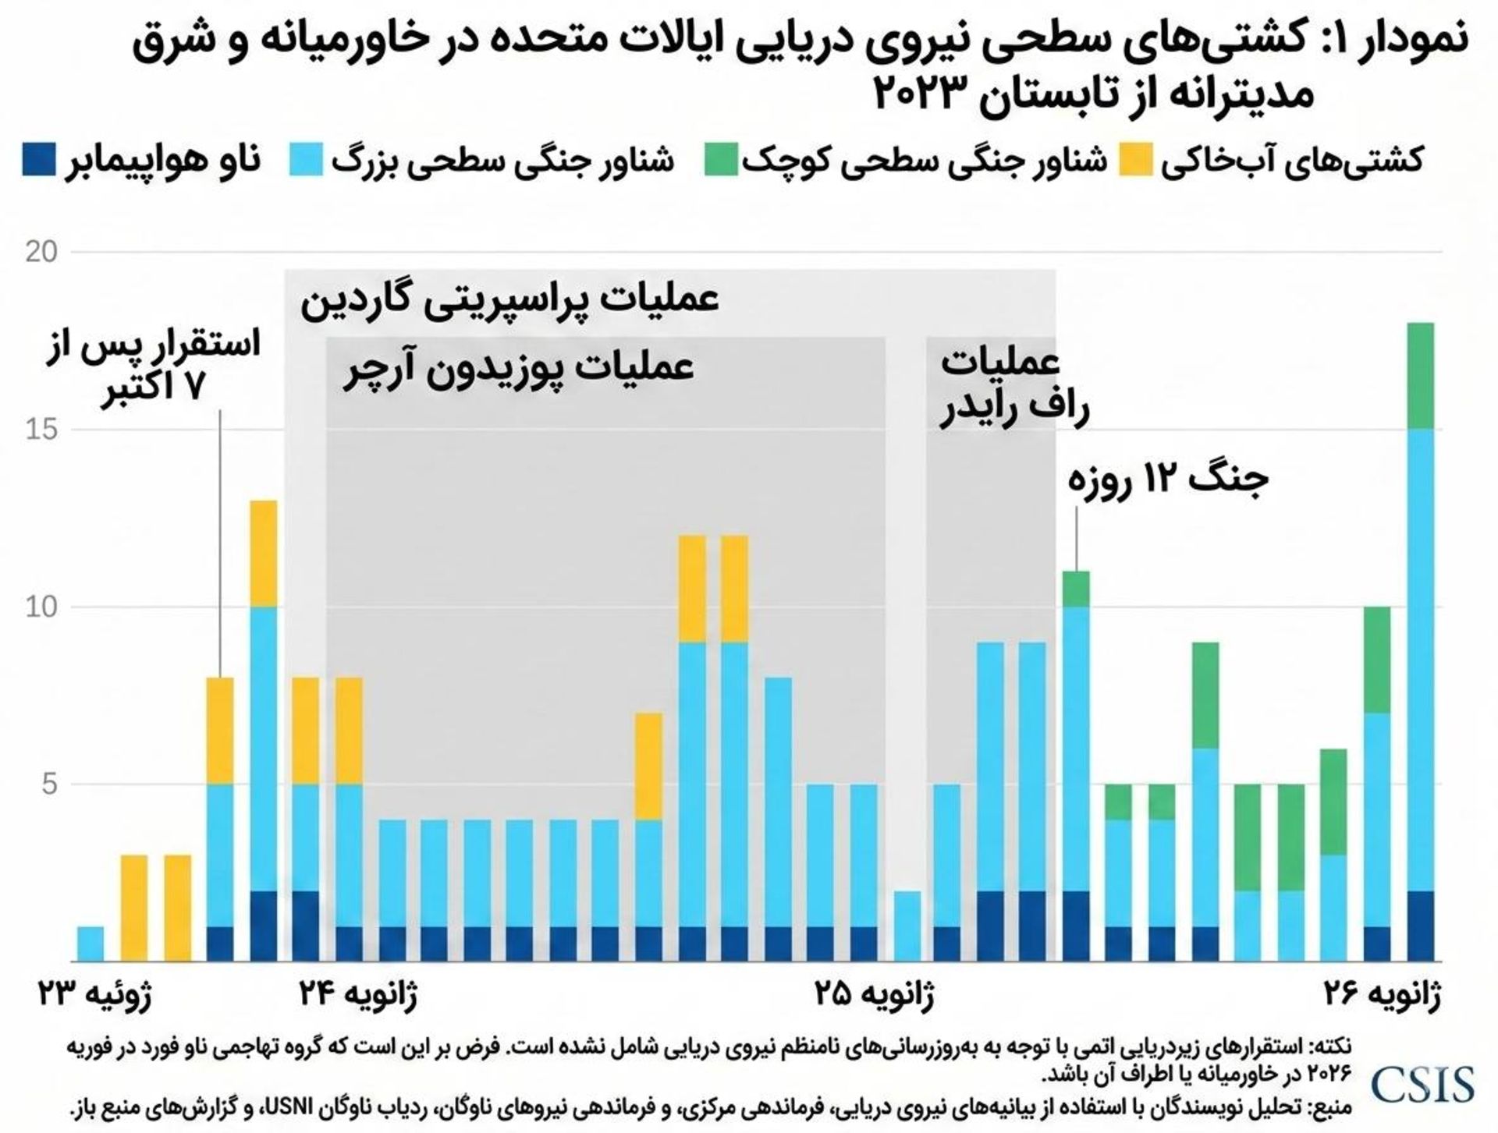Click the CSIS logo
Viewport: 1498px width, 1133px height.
(1422, 1084)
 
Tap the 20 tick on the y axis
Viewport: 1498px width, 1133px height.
(41, 253)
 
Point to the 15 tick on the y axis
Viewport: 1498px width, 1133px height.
(41, 430)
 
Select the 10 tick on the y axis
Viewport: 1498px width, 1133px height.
(41, 607)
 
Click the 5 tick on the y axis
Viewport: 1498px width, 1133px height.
(49, 784)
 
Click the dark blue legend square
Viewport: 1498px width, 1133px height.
(38, 159)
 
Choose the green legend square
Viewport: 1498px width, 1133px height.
(721, 159)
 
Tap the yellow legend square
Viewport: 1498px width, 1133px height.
(1136, 159)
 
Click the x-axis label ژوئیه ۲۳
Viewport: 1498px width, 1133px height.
(95, 994)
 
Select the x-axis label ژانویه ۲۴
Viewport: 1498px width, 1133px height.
(358, 994)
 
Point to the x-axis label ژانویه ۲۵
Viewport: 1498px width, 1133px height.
(875, 994)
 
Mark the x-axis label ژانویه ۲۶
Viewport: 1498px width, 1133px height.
(1382, 994)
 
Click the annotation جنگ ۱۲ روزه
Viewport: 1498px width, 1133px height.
(1168, 478)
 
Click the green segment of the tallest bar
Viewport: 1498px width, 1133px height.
(1421, 376)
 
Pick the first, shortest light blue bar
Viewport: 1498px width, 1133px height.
(91, 944)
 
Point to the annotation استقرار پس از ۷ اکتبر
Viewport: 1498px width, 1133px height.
(154, 365)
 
